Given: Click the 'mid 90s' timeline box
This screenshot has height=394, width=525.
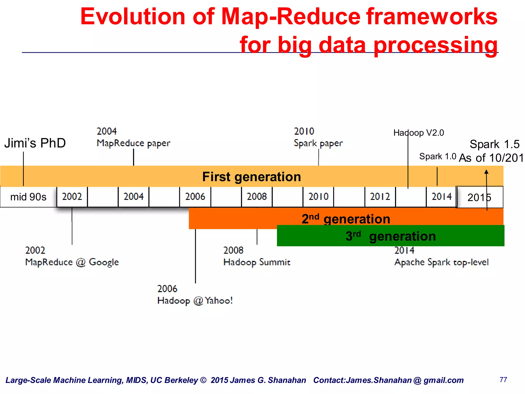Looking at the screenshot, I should tap(28, 197).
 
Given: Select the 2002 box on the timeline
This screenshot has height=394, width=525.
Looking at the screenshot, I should tap(72, 197).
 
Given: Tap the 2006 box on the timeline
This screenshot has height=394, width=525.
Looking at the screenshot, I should tap(195, 197).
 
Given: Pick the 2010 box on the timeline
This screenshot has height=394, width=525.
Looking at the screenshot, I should tap(318, 197).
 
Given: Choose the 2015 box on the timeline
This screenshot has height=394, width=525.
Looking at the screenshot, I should tap(479, 197).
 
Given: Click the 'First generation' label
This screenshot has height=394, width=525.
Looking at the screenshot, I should tap(251, 177).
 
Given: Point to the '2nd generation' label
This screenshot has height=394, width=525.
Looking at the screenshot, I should tap(346, 219).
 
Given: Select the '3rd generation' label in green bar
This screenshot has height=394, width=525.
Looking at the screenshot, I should tap(390, 236).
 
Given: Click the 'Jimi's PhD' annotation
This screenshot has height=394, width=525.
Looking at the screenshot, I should tap(35, 143).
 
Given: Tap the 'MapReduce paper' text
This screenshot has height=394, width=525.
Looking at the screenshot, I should tap(133, 143).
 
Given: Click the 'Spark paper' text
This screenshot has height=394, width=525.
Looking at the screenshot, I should tap(318, 143).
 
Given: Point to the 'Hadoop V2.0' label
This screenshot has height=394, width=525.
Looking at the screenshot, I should tap(419, 133).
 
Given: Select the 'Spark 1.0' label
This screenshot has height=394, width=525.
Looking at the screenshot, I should tap(438, 156).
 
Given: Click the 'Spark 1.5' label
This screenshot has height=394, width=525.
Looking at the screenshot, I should tap(494, 144).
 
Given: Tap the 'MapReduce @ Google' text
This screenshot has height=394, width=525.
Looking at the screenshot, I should tap(72, 262).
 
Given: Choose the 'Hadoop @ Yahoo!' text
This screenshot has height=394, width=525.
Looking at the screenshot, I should tap(195, 301).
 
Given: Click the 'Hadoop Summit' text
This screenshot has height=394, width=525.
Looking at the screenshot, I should tap(257, 262).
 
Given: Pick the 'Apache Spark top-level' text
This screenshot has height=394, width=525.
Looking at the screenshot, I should tap(441, 262).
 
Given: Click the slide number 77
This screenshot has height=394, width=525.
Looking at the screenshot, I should tap(503, 380).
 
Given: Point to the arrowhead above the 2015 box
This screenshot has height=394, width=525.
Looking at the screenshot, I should tap(486, 172).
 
